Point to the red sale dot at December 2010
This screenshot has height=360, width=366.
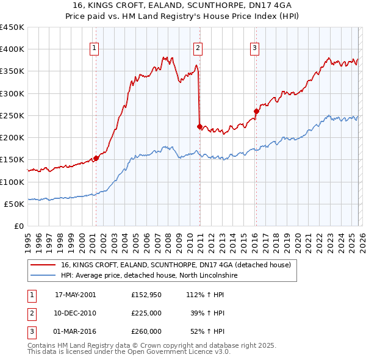(199, 126)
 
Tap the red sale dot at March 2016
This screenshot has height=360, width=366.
(256, 111)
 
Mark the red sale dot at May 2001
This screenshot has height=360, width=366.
(96, 158)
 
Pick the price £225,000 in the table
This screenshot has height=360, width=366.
(146, 313)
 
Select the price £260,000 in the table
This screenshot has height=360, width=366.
(146, 331)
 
